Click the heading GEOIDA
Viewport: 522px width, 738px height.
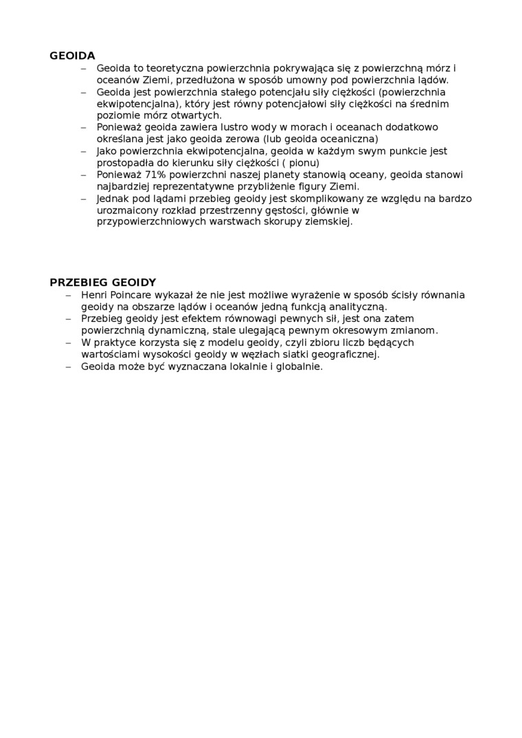pyautogui.click(x=72, y=56)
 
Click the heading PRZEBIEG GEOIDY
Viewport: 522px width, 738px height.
pyautogui.click(x=103, y=282)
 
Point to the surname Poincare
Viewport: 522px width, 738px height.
pyautogui.click(x=135, y=295)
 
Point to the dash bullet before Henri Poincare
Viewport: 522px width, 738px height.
pyautogui.click(x=68, y=295)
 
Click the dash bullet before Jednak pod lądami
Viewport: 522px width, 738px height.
pyautogui.click(x=84, y=198)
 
